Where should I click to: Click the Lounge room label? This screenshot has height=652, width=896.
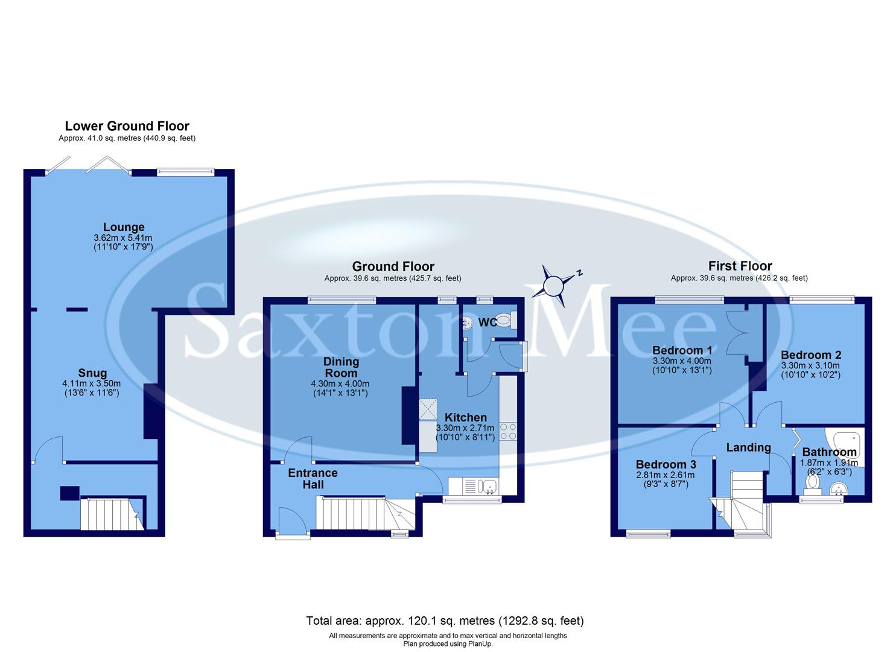(124, 227)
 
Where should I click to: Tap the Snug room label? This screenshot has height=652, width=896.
(92, 373)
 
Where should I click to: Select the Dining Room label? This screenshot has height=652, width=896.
(341, 367)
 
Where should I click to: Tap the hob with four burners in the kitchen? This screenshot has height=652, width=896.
(507, 431)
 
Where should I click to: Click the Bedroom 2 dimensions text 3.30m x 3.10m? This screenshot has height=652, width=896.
(810, 366)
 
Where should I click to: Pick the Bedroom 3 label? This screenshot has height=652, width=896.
(666, 464)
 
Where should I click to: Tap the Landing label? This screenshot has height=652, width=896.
(748, 447)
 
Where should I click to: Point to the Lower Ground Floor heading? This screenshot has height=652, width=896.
(127, 126)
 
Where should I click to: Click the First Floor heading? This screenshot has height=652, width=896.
(740, 266)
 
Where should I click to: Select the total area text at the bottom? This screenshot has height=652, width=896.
(445, 621)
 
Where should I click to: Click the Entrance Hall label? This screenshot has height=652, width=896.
(313, 478)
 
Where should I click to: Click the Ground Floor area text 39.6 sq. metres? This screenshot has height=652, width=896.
(393, 278)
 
